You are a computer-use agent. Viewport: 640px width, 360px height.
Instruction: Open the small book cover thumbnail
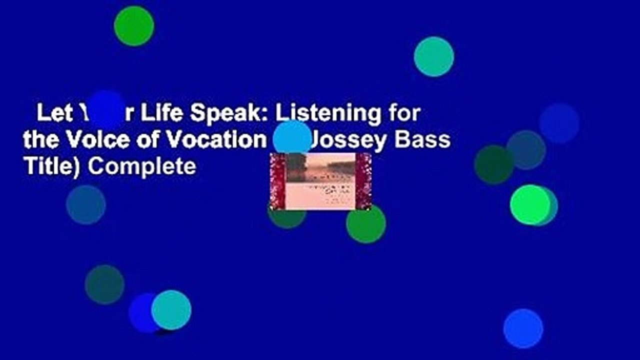pyautogui.click(x=320, y=181)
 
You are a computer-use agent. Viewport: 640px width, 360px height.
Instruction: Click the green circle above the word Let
pyautogui.click(x=134, y=26)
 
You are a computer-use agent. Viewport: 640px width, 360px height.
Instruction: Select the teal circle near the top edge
pyautogui.click(x=434, y=56)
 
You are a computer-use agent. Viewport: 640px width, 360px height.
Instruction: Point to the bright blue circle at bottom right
pyautogui.click(x=523, y=328)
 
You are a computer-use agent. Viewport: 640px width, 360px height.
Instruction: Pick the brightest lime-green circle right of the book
pyautogui.click(x=530, y=204)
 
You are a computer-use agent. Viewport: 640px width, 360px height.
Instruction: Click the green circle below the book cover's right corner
pyautogui.click(x=366, y=224)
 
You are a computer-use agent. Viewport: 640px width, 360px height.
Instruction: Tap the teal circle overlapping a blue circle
pyautogui.click(x=171, y=310)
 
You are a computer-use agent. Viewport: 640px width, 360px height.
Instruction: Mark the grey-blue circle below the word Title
pyautogui.click(x=86, y=204)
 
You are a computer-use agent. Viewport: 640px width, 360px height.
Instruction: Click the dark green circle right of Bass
pyautogui.click(x=493, y=164)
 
